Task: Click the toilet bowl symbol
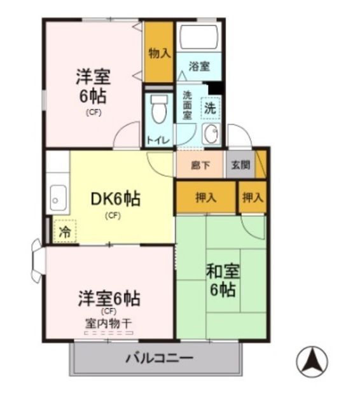[159, 109]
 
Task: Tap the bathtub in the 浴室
[199, 37]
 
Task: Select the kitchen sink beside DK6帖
[58, 198]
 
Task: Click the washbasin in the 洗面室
[211, 133]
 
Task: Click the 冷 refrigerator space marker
[65, 231]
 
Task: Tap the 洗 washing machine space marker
[211, 108]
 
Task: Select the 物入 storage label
[160, 53]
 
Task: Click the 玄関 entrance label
[240, 165]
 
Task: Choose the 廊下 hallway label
[200, 165]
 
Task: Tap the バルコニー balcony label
[160, 358]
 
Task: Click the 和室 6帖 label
[223, 280]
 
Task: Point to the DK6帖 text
[116, 199]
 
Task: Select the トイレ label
[158, 141]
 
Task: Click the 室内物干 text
[109, 324]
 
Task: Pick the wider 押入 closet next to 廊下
[206, 198]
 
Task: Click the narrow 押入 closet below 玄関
[253, 198]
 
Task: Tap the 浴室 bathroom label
[199, 66]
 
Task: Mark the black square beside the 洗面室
[216, 88]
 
